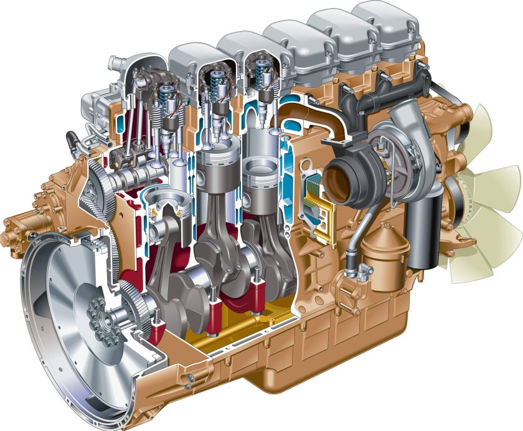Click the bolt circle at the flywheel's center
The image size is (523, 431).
click(x=98, y=313)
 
